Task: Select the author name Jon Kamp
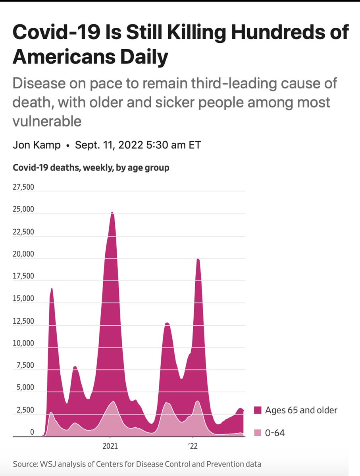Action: click(x=37, y=145)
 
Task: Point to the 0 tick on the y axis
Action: click(x=33, y=432)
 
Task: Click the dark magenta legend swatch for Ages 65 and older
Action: click(x=258, y=410)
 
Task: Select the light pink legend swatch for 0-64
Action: click(x=258, y=433)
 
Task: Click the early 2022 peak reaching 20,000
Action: click(x=198, y=259)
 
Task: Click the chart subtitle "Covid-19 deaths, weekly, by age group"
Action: click(x=91, y=168)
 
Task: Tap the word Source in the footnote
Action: click(x=23, y=464)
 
